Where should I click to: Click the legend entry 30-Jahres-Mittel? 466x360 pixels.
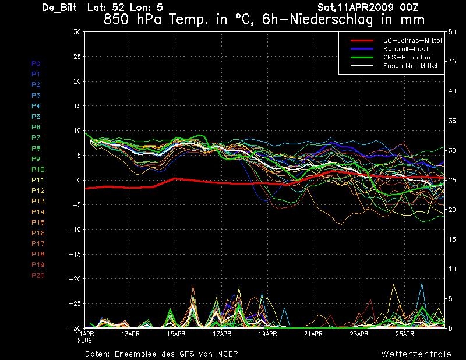tap(412, 40)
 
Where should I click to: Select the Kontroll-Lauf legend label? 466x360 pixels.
tap(405, 49)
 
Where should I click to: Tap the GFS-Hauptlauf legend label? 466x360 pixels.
tap(408, 57)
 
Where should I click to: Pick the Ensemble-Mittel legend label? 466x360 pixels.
tap(410, 66)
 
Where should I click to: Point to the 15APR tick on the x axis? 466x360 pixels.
tap(176, 334)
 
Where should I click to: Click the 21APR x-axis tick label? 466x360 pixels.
tap(313, 334)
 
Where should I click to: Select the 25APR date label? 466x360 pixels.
tap(405, 334)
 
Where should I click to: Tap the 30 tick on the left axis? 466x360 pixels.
tap(77, 32)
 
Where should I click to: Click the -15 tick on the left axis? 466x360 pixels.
tap(75, 255)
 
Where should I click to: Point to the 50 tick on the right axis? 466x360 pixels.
tap(452, 32)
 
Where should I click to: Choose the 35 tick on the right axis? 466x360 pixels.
tap(452, 121)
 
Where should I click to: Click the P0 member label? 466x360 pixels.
tap(36, 63)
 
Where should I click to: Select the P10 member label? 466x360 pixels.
tap(38, 170)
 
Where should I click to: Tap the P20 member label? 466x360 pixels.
tap(38, 276)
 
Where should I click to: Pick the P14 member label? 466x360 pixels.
tap(38, 212)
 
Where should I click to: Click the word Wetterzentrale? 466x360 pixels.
tap(416, 354)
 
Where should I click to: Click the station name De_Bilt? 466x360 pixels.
tap(59, 8)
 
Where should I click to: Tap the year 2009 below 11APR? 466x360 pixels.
tap(84, 340)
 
